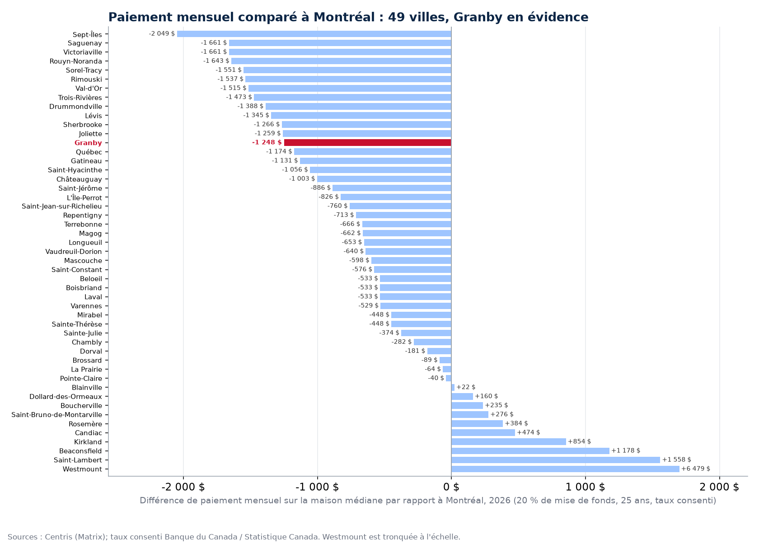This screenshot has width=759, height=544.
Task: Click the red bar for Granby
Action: pyautogui.click(x=368, y=143)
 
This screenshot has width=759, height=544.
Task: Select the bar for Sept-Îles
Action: pyautogui.click(x=314, y=34)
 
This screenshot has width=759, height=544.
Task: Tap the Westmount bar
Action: pyautogui.click(x=565, y=469)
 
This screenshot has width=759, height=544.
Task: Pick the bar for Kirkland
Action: pyautogui.click(x=509, y=442)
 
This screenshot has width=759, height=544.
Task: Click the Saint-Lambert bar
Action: pyautogui.click(x=556, y=460)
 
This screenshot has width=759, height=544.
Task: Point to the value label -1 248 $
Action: pyautogui.click(x=267, y=142)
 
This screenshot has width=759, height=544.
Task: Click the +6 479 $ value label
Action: pyautogui.click(x=696, y=469)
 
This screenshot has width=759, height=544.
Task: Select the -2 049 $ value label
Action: pyautogui.click(x=162, y=33)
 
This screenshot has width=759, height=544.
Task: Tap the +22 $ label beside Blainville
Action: pyautogui.click(x=466, y=387)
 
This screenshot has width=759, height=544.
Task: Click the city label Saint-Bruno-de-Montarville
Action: pyautogui.click(x=56, y=415)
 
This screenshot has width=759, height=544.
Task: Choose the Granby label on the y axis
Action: pyautogui.click(x=88, y=143)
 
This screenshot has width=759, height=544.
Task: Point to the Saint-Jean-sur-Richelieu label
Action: pyautogui.click(x=61, y=206)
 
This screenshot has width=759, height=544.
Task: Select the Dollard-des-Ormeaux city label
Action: pyautogui.click(x=66, y=397)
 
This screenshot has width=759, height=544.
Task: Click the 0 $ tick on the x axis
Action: pyautogui.click(x=451, y=487)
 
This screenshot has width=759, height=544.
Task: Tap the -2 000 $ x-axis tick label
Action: pyautogui.click(x=183, y=487)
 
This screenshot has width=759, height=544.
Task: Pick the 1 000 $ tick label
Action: pyautogui.click(x=585, y=487)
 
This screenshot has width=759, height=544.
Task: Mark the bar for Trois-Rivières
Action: pyautogui.click(x=353, y=98)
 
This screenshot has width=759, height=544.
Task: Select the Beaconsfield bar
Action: pyautogui.click(x=530, y=451)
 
